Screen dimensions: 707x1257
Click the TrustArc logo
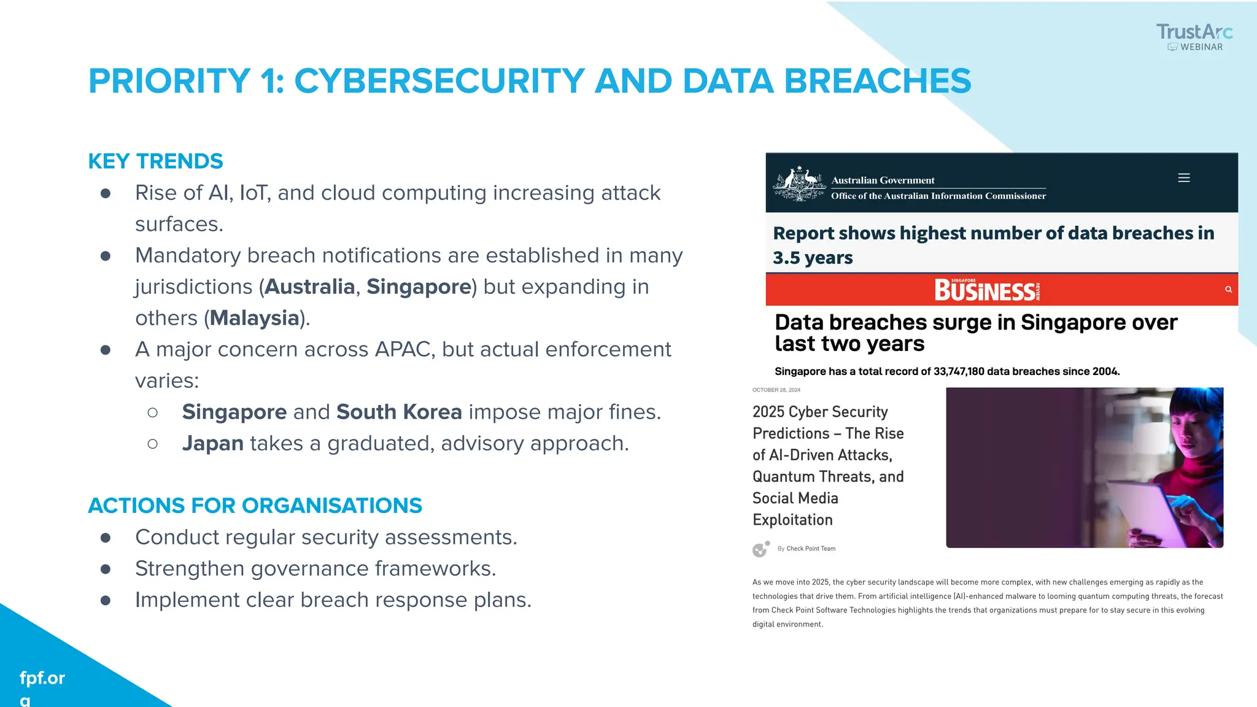pos(1194,37)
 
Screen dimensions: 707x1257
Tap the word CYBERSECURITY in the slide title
pos(439,81)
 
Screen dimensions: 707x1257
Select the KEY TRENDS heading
pos(155,161)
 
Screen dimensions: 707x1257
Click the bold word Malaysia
pos(254,318)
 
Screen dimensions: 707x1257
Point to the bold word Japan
pos(212,443)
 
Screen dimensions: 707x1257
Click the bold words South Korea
pos(399,412)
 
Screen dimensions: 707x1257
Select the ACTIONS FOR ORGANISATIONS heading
pos(255,506)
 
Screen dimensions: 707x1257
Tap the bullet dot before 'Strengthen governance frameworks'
pos(106,569)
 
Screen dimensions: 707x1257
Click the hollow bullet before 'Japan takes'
pos(153,444)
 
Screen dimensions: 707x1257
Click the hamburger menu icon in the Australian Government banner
pos(1184,178)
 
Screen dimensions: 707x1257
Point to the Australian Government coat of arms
pos(799,184)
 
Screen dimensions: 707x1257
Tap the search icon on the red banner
pos(1228,290)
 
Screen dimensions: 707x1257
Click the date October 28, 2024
pos(776,390)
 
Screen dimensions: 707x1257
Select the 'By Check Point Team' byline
pos(806,549)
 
